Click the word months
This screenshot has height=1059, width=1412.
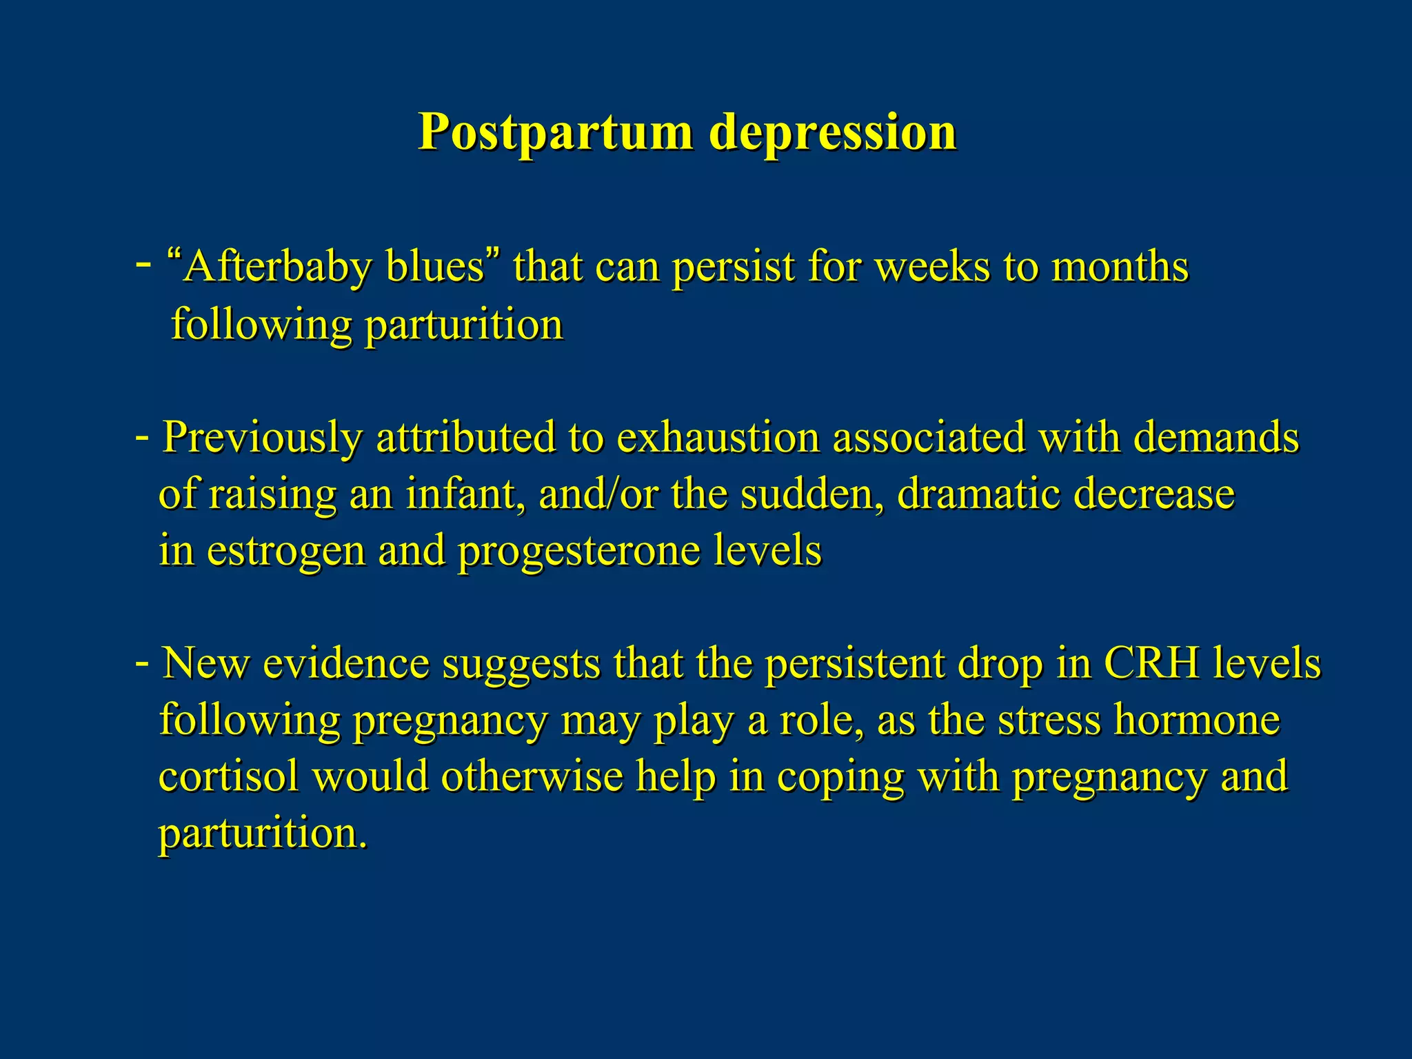tap(1120, 267)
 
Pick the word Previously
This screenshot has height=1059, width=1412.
tap(262, 438)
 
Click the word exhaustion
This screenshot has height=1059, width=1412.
tap(717, 438)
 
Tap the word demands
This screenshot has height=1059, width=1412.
tap(1216, 438)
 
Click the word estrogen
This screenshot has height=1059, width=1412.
tap(285, 551)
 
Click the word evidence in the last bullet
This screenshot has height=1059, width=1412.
tap(345, 663)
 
